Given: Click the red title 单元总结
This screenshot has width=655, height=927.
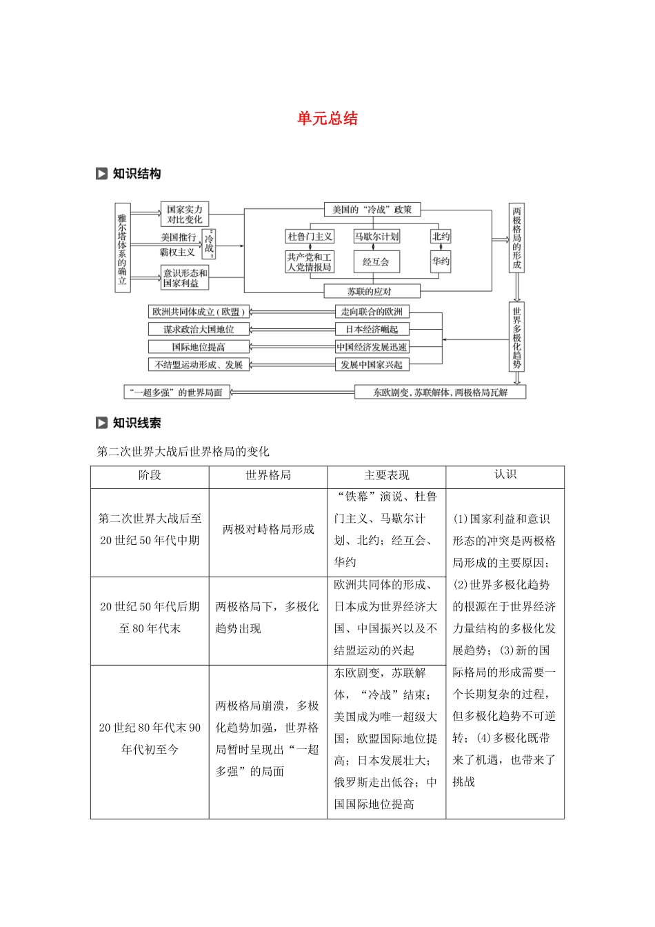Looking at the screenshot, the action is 327,119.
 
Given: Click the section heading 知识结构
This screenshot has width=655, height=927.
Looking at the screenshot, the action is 137,174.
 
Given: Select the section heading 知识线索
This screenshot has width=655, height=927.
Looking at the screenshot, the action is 137,423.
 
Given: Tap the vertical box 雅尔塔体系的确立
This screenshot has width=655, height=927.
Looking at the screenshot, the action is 122,248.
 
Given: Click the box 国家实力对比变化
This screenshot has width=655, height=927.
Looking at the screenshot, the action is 184,215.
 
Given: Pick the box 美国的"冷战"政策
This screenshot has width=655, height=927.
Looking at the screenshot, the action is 372,210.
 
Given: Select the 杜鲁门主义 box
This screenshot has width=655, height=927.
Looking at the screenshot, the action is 310,237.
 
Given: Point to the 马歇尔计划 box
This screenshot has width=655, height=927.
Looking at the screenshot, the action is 376,237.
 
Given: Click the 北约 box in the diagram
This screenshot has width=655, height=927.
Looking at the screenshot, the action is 441,237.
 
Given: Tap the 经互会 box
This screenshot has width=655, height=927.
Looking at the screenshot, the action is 376,262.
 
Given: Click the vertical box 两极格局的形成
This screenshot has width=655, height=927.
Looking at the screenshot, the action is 516,237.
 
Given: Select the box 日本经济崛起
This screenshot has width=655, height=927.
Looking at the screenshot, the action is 371,330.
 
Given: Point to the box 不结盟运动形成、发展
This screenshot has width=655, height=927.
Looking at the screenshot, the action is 199,365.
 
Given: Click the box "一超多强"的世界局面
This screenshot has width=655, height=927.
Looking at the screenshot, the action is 177,392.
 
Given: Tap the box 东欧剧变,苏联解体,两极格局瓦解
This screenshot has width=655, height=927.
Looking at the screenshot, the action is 440,392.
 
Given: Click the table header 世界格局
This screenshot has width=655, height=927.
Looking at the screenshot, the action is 268,475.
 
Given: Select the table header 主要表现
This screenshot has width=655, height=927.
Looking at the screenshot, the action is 386,475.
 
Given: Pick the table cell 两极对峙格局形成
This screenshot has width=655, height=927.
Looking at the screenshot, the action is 268,529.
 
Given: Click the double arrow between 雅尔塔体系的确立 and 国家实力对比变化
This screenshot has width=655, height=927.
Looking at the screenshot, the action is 145,215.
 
